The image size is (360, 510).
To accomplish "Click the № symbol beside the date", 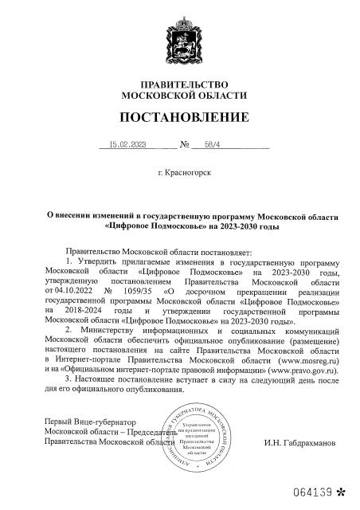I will pos(185,146).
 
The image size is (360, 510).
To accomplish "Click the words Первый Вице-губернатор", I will pos(91,420).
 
